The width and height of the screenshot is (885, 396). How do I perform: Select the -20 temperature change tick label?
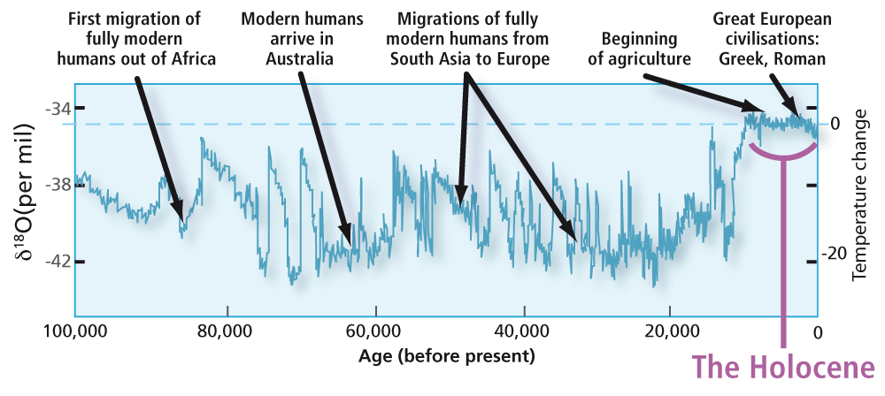pyautogui.click(x=830, y=255)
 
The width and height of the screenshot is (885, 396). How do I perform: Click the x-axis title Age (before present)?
pyautogui.click(x=447, y=357)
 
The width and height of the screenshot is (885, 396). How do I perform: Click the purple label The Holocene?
pyautogui.click(x=782, y=367)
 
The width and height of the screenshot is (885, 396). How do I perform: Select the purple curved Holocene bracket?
pyautogui.click(x=782, y=156)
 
